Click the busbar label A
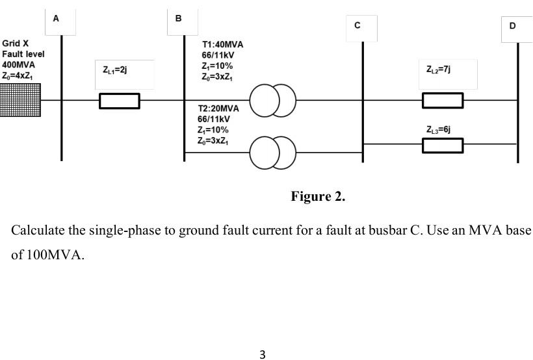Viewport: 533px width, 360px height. coord(56,19)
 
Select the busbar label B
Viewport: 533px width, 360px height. coord(178,19)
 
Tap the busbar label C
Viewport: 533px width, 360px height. coord(357,25)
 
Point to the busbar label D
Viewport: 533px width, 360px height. coord(512,26)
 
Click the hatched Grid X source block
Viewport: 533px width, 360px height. coord(20,100)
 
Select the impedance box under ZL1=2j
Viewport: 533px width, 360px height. coord(119,101)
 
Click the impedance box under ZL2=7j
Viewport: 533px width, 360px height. coord(443,101)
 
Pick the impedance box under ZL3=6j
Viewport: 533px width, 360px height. coord(443,146)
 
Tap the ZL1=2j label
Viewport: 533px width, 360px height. coord(114,69)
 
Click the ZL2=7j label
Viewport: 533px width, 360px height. coord(439,69)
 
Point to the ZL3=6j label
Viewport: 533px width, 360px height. coord(439,129)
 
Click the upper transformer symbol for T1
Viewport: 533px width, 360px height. coord(273,101)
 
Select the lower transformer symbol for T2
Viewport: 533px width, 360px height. coord(273,152)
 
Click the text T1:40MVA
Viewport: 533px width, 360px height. coord(222,45)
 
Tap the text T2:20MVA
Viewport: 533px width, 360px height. coord(218,109)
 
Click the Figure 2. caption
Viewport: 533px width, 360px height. coord(318,196)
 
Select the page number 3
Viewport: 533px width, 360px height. coord(263,354)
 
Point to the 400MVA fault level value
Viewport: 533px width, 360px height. coord(18,65)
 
